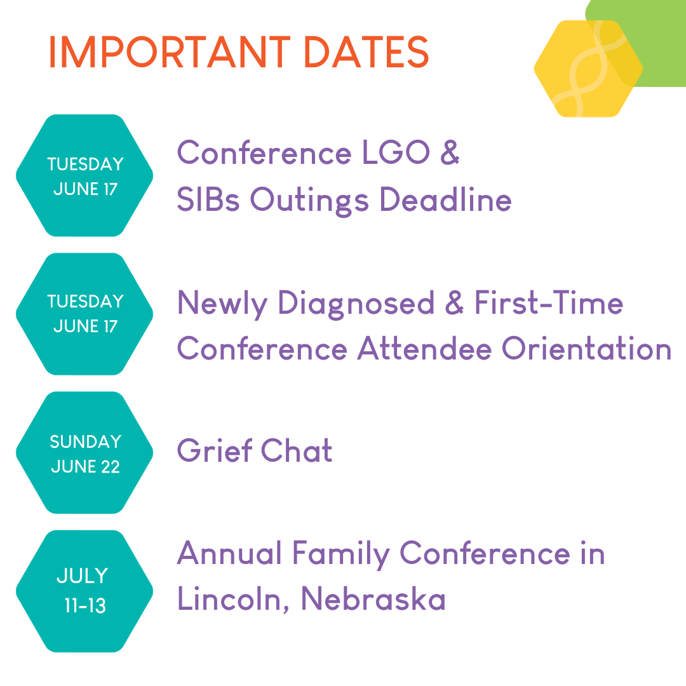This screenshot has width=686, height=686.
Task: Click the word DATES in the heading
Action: click(x=366, y=52)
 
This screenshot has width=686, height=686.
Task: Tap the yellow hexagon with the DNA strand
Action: click(x=588, y=69)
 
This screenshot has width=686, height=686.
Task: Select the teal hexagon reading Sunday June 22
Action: click(x=84, y=452)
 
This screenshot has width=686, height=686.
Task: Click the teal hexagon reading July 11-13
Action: click(x=84, y=591)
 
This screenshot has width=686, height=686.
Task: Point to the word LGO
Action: click(x=396, y=152)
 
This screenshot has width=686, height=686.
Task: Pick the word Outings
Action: click(x=309, y=200)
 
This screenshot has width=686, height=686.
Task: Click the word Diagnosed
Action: click(x=356, y=304)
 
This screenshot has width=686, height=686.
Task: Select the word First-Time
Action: click(x=549, y=302)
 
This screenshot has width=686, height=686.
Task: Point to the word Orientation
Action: click(x=586, y=349)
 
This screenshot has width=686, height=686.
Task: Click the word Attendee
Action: click(x=424, y=348)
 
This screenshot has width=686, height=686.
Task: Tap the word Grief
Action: click(x=215, y=450)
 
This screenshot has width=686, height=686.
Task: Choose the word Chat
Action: click(x=297, y=450)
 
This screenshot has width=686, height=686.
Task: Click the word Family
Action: click(x=340, y=555)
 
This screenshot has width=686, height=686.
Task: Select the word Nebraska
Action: click(x=373, y=598)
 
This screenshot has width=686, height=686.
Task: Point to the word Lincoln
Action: click(x=232, y=599)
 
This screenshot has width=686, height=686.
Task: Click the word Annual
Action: click(x=229, y=553)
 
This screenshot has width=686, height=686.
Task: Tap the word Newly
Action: click(x=222, y=304)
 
